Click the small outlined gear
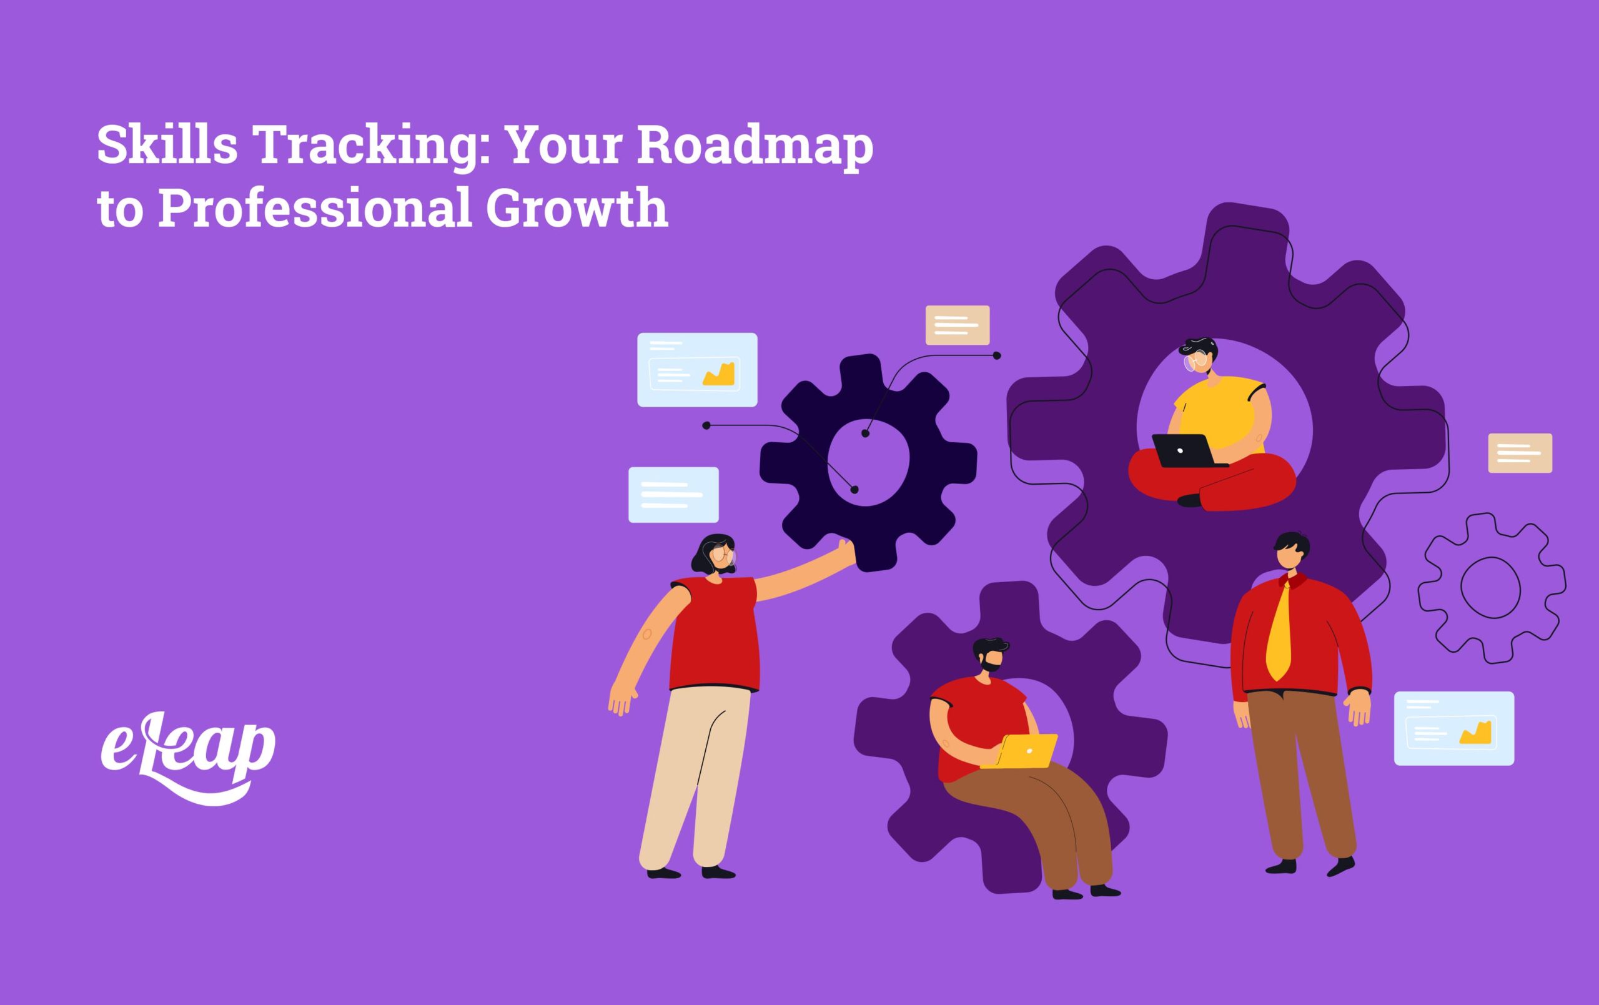coord(1491,587)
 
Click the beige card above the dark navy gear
coord(957,325)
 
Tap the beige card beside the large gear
coord(1520,453)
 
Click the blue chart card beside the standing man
coord(1453,729)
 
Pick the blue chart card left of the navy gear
coord(696,369)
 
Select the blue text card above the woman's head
coord(673,495)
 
